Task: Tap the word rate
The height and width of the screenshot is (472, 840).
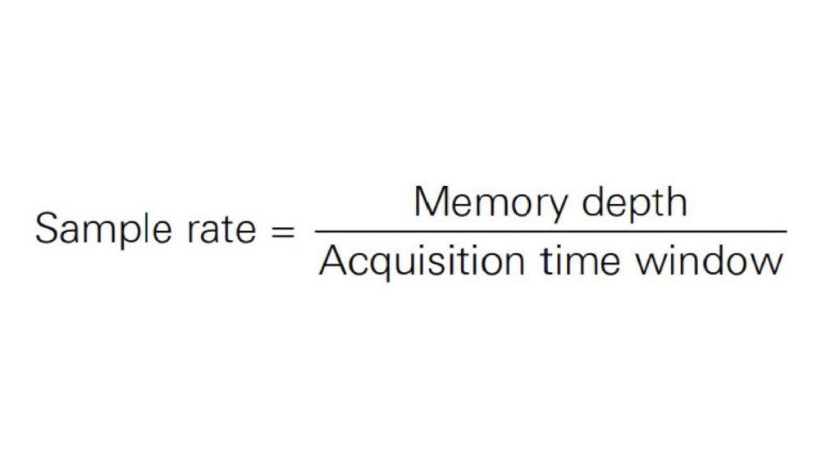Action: coord(223,229)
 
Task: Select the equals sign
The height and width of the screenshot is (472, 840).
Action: coord(281,230)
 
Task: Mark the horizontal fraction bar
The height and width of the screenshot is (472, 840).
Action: coord(550,232)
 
